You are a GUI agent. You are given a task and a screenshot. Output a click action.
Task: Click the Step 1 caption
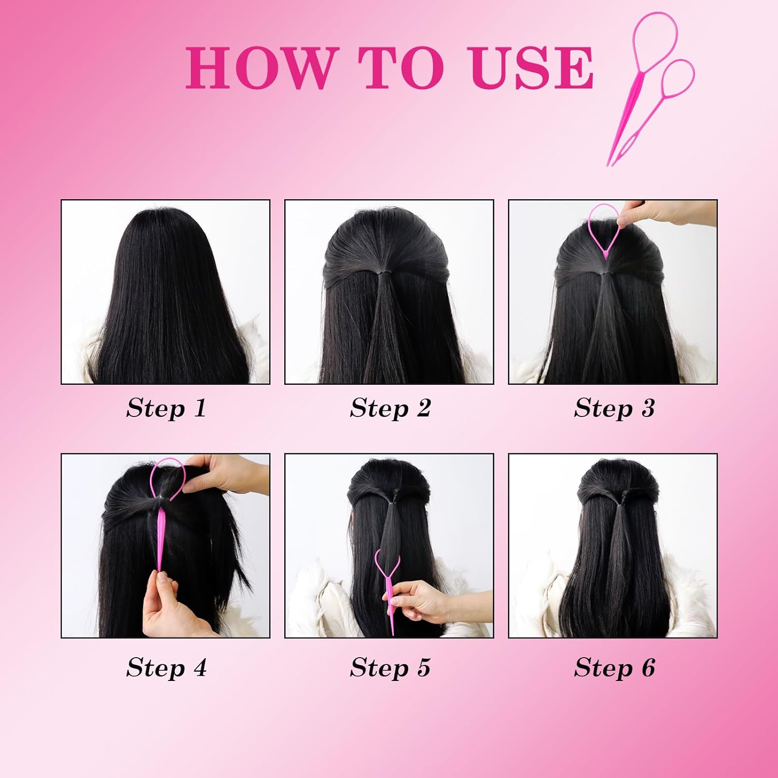pos(166,408)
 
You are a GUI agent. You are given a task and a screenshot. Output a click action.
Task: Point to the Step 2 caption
pos(390,408)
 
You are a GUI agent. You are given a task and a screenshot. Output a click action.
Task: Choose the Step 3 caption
pos(614,408)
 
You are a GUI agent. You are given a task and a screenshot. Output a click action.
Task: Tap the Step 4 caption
pos(166,668)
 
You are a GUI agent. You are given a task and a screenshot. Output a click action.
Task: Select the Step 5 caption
pos(390,668)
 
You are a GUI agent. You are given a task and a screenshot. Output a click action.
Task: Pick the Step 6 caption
pos(614,668)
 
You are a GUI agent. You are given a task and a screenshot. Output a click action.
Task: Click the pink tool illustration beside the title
pos(651,88)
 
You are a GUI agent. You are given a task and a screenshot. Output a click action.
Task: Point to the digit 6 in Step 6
pos(648,667)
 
